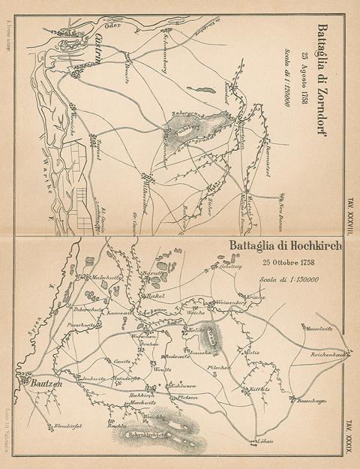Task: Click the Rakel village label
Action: [156, 296]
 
